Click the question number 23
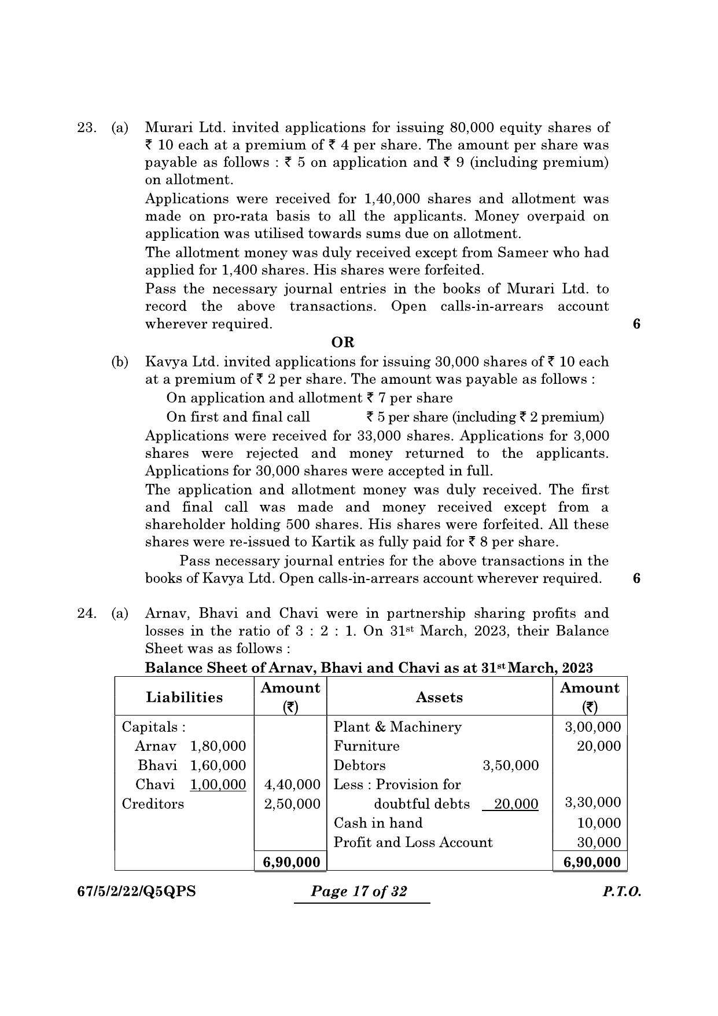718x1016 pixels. (86, 128)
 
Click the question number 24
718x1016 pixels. (86, 614)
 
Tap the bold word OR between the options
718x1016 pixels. (343, 342)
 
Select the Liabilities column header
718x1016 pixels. (184, 697)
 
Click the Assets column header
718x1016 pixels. (439, 698)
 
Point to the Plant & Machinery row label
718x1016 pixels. (397, 727)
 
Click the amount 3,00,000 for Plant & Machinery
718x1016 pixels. (592, 727)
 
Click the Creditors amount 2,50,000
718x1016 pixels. (292, 804)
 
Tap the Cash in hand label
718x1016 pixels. (378, 823)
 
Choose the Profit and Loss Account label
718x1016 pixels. (413, 842)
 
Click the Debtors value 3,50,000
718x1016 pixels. (510, 765)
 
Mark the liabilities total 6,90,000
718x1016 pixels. (291, 862)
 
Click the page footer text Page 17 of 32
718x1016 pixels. (359, 892)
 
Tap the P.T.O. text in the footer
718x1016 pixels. (621, 892)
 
